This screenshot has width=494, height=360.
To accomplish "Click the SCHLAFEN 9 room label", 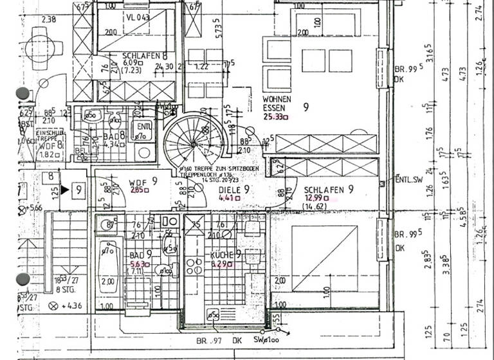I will pyautogui.click(x=329, y=190).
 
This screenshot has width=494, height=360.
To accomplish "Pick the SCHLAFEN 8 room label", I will pyautogui.click(x=145, y=56).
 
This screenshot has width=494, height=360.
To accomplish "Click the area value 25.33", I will pyautogui.click(x=276, y=117).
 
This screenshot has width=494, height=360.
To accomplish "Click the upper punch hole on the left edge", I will pyautogui.click(x=23, y=94).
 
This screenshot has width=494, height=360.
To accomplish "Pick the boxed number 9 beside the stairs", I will pyautogui.click(x=78, y=190).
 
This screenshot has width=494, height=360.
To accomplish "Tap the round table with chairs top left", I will pyautogui.click(x=48, y=45).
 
